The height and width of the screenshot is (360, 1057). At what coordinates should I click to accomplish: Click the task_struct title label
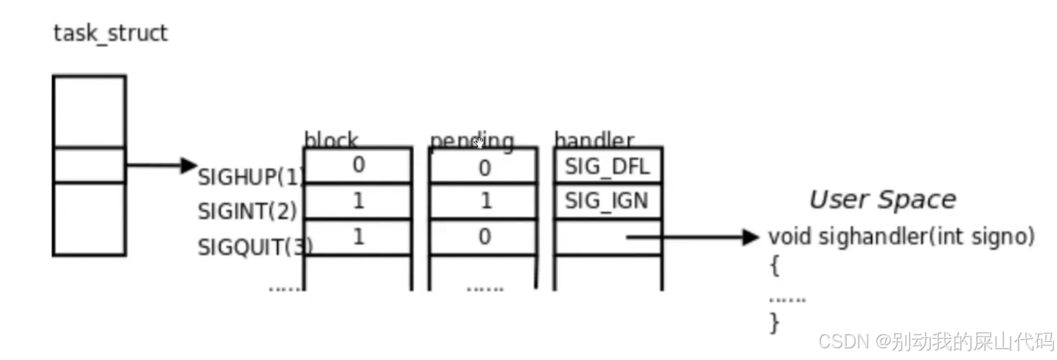tap(110, 34)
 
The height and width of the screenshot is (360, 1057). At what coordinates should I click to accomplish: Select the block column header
tap(331, 140)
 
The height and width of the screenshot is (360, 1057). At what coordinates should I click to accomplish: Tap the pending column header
tap(471, 140)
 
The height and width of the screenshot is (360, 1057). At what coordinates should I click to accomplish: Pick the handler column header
tap(594, 140)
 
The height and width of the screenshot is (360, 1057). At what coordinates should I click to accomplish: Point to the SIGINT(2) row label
tap(248, 211)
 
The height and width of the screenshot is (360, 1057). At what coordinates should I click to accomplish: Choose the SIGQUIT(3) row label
tap(254, 248)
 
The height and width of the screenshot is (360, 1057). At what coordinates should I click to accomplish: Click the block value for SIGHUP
tap(358, 165)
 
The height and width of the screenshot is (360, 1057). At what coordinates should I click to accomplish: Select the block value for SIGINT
tap(358, 201)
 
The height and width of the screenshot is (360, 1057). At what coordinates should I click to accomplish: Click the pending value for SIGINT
tap(485, 202)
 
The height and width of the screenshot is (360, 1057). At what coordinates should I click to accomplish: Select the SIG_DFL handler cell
tap(606, 167)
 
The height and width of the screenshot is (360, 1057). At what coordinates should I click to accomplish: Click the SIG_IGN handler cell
tap(606, 201)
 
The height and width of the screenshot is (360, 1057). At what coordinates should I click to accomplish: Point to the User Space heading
tap(882, 199)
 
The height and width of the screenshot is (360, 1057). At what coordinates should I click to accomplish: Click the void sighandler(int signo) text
tap(901, 237)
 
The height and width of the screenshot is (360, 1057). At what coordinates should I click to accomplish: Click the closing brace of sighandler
tap(774, 322)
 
